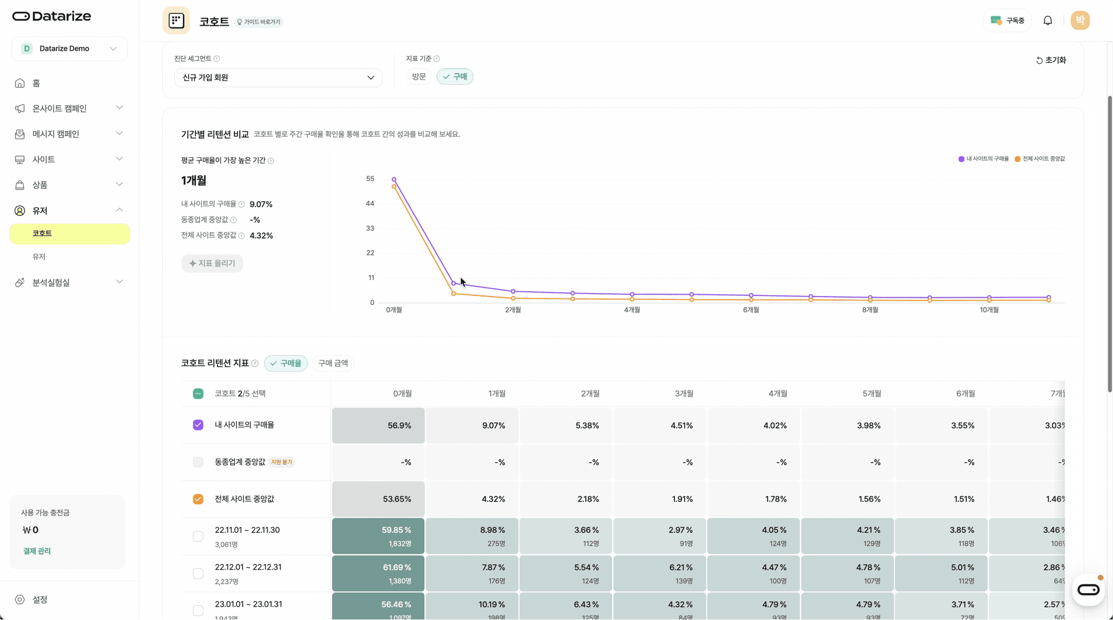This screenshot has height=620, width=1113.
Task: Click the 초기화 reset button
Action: pos(1051,60)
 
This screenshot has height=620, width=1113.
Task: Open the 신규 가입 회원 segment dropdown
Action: pos(278,78)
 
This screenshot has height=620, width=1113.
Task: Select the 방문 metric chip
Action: pos(419,77)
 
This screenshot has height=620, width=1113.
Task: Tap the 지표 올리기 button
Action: pos(212,263)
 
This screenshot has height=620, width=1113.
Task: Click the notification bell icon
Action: pos(1048,20)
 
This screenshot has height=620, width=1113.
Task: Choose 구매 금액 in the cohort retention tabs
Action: pos(333,363)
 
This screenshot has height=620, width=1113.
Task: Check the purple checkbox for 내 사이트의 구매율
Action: pos(198,425)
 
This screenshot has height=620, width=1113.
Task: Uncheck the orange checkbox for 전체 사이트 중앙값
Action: pos(198,499)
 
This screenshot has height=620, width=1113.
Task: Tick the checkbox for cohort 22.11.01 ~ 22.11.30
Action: pos(198,536)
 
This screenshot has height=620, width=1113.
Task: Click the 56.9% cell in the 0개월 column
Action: pos(379,425)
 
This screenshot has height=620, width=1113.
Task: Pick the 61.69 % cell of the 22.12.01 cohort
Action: pos(379,573)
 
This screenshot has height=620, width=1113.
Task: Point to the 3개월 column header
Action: pos(684,394)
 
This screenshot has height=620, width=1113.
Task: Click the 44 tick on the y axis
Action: pos(369,204)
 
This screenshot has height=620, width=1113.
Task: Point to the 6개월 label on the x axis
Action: pos(751,310)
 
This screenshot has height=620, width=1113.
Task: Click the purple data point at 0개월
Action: pos(394,180)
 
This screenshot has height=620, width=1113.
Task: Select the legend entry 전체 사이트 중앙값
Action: pos(1040,159)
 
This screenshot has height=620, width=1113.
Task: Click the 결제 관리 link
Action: pos(37,551)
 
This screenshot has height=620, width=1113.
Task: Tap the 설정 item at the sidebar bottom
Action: pos(40,600)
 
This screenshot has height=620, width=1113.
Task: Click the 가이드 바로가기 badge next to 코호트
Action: pos(259,22)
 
